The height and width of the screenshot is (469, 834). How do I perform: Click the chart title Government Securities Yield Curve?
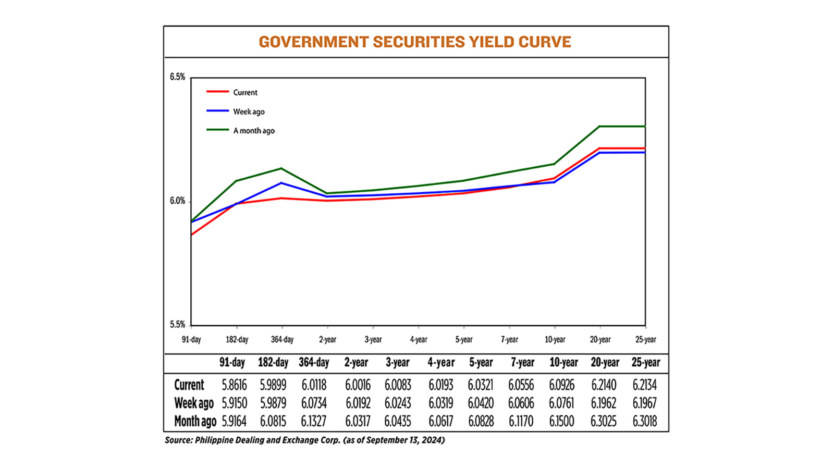(x=415, y=42)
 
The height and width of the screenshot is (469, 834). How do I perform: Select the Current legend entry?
(x=245, y=92)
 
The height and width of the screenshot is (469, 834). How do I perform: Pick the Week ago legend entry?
(x=249, y=112)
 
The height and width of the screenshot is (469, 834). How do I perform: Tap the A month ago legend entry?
(x=254, y=131)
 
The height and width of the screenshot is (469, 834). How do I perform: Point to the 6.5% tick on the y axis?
(x=177, y=77)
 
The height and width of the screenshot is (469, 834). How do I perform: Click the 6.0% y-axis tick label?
(x=177, y=201)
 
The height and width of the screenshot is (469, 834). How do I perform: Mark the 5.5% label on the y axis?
(x=177, y=325)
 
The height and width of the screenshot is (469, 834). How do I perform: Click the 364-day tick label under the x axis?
(x=282, y=340)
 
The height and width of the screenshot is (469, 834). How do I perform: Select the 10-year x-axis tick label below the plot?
(x=555, y=340)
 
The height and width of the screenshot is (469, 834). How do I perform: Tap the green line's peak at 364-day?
(x=281, y=168)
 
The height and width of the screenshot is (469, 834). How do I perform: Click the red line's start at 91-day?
(x=191, y=235)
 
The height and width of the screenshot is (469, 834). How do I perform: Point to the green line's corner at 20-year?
(x=600, y=126)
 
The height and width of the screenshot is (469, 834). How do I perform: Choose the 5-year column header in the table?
(x=480, y=363)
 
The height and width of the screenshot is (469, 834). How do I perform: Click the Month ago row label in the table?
(x=195, y=421)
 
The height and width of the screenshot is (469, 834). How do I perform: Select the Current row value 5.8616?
(x=234, y=385)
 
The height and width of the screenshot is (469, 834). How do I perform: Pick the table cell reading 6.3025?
(x=603, y=421)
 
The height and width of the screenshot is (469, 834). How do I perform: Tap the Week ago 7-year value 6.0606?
(x=521, y=403)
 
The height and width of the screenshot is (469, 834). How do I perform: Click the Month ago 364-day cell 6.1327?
(x=314, y=421)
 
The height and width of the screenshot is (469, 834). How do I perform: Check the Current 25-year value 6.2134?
(x=644, y=385)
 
